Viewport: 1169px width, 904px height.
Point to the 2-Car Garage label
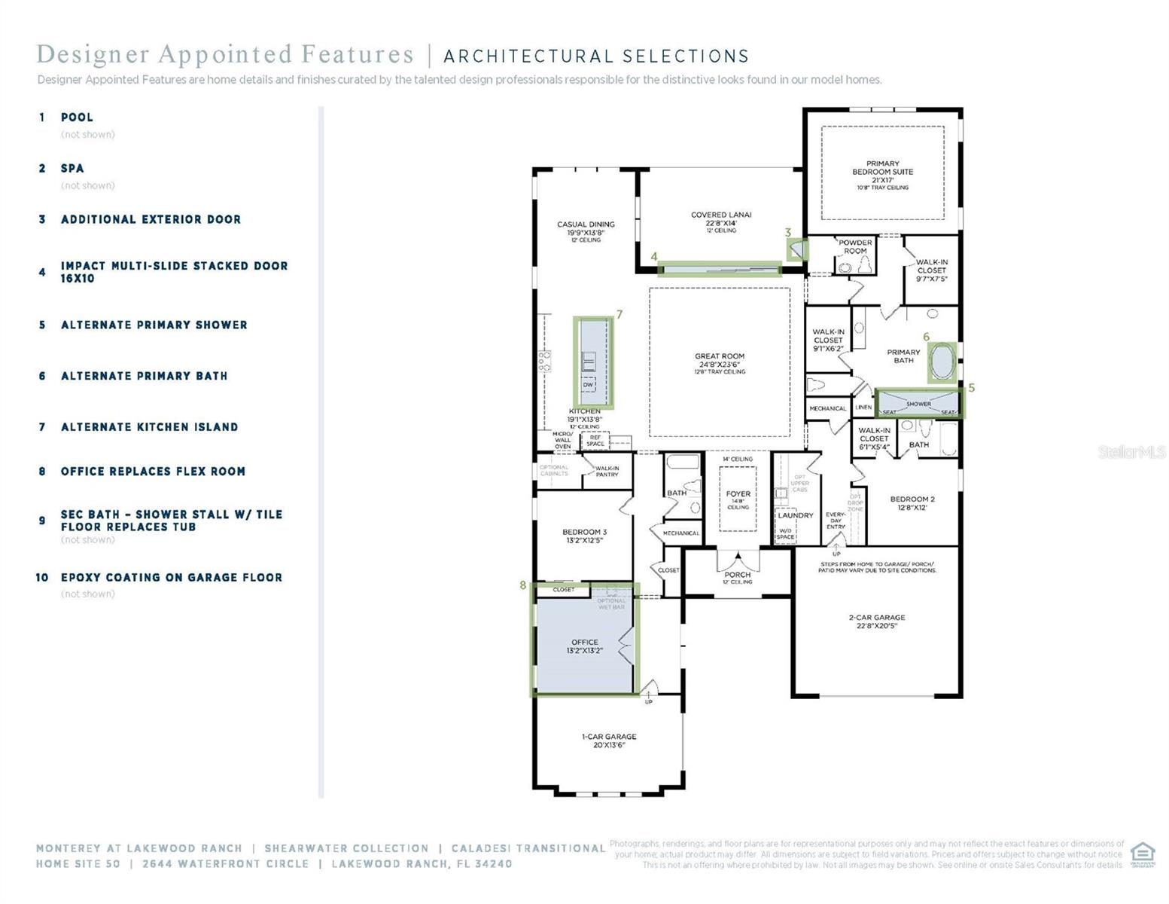pos(877,618)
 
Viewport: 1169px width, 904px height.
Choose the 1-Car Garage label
pos(609,737)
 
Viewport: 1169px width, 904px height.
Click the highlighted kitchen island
pos(593,362)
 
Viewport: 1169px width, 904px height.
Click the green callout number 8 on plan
pos(522,585)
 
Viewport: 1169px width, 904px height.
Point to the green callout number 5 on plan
pos(971,387)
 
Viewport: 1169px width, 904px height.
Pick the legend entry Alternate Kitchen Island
pos(149,427)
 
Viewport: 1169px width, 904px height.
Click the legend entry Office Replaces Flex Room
pos(153,472)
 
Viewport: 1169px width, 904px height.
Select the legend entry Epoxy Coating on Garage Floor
pos(171,578)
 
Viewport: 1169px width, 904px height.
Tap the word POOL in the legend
pos(77,118)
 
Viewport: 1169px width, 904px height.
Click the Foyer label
pos(738,494)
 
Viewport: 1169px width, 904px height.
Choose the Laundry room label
pos(796,515)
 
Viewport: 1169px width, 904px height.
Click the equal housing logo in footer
pos(1142,854)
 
